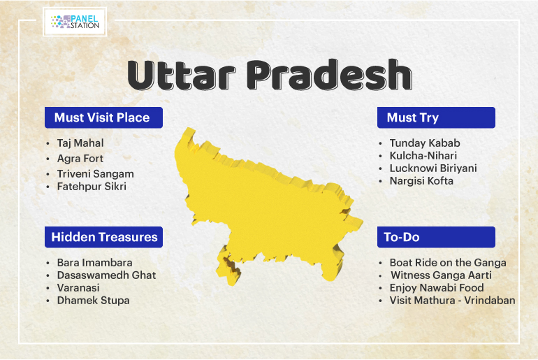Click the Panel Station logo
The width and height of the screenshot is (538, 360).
point(75,22)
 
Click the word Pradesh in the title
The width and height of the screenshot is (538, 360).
point(329,75)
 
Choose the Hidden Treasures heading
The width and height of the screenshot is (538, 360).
point(104,237)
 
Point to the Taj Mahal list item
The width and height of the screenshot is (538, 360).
point(80,143)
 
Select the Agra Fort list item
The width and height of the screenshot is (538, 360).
point(80,159)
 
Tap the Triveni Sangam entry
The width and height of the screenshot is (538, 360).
point(96,174)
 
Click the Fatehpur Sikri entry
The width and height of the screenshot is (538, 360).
point(92,187)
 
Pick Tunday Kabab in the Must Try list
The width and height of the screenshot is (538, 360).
point(425,143)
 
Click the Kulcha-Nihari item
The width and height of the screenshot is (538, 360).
point(423,156)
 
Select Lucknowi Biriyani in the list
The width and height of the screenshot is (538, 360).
point(433,168)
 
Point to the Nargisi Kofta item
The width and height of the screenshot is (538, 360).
point(421,181)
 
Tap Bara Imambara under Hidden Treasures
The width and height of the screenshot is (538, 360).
point(95,263)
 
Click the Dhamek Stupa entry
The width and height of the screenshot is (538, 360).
point(94,301)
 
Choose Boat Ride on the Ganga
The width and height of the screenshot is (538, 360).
point(448,263)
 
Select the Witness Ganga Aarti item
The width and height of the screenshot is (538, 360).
point(442,275)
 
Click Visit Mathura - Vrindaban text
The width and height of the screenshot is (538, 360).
point(452,301)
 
